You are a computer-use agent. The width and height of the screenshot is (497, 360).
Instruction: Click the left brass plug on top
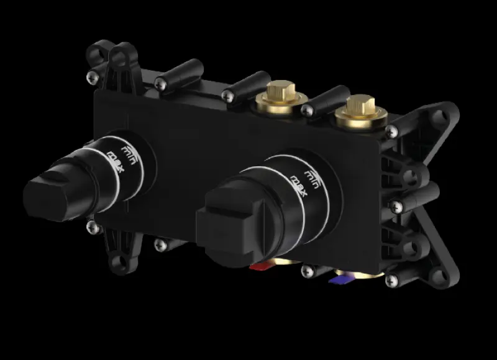click(281, 97)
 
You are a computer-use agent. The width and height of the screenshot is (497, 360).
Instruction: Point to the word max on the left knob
click(116, 162)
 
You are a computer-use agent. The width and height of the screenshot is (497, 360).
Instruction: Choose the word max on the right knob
click(299, 186)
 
